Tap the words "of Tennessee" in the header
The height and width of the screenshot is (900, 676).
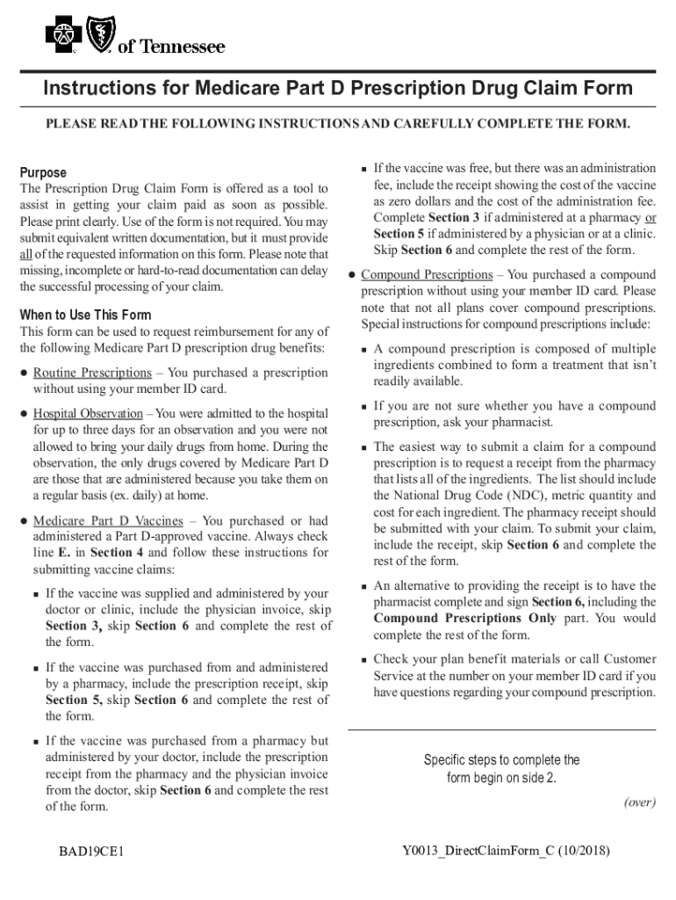point(171,47)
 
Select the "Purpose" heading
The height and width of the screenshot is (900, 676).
point(43,172)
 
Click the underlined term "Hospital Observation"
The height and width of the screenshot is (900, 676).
point(88,414)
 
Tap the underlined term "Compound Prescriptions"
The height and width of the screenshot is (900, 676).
point(427,275)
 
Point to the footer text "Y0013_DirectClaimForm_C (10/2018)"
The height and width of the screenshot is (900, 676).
point(506,851)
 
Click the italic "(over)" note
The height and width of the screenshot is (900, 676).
point(639,802)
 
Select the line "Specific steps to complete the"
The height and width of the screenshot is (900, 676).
point(501,760)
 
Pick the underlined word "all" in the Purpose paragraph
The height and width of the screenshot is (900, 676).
point(25,254)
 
